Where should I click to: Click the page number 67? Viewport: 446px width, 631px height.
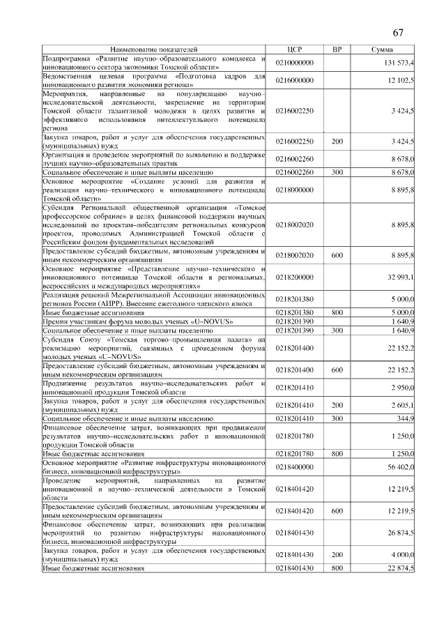(398, 33)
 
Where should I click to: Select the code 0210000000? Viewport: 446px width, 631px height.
(295, 63)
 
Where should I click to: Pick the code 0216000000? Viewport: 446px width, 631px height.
(295, 80)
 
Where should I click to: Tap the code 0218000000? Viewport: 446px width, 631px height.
(295, 189)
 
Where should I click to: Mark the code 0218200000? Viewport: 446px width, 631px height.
(295, 277)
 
